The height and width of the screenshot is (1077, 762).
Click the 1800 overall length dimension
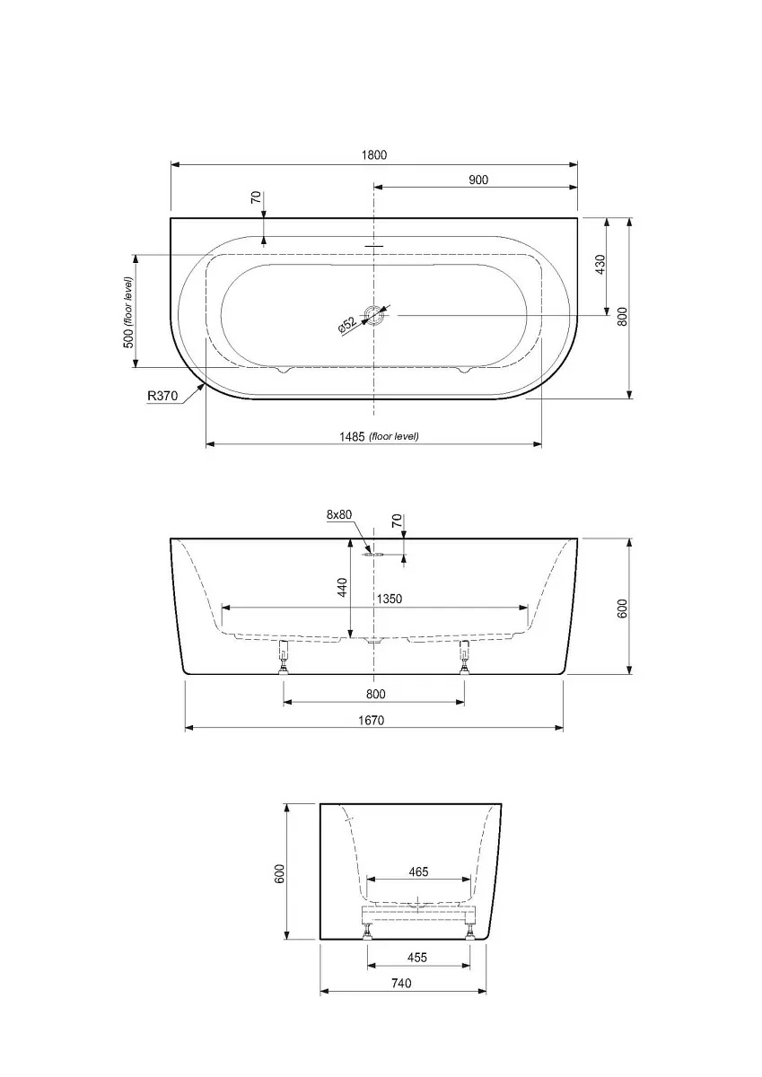[374, 154]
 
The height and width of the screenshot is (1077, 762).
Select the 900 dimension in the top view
[477, 179]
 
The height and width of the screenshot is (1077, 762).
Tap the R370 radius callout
[162, 396]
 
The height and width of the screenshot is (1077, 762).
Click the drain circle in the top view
[374, 315]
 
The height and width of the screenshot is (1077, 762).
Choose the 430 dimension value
[600, 265]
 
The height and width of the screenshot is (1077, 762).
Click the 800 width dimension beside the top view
[623, 316]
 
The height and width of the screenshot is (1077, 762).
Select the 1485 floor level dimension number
[352, 437]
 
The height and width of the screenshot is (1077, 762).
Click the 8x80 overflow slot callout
[339, 514]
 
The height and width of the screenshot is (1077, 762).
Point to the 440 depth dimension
[342, 588]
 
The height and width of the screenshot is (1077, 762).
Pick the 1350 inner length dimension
[389, 600]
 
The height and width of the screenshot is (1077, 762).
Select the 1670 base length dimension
[372, 720]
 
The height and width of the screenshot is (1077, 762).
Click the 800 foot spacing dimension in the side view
[375, 694]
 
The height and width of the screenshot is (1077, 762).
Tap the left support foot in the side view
[284, 657]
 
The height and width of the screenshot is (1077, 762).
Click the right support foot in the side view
[464, 657]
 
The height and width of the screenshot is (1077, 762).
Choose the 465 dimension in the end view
[418, 871]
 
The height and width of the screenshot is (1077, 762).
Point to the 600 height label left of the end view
[280, 873]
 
